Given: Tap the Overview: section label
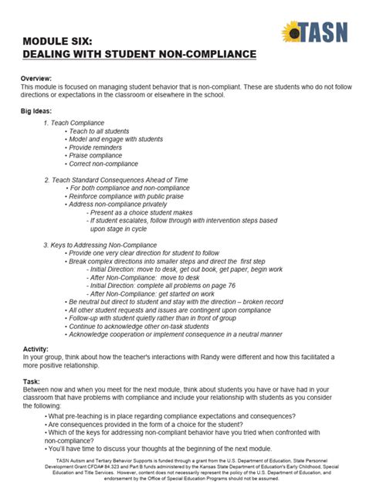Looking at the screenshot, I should tap(36, 79).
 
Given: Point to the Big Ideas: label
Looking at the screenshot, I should tap(38, 112).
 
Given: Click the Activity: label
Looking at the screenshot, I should tap(35, 349).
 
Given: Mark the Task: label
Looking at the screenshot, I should tap(30, 381).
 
